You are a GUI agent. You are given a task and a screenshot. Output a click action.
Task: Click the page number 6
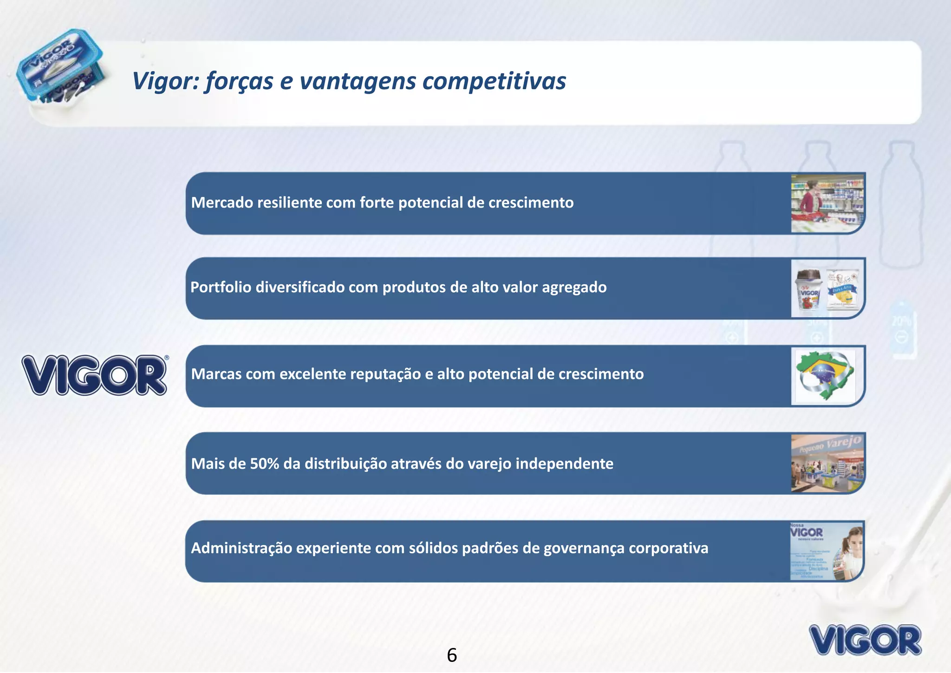pos(452,655)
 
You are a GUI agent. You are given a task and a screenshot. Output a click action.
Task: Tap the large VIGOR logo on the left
pos(95,375)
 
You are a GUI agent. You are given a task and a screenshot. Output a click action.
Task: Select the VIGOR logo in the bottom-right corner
pos(865,640)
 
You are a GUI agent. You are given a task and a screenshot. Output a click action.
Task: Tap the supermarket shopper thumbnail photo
pos(827,203)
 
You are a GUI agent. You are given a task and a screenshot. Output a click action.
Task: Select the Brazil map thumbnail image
pos(825,375)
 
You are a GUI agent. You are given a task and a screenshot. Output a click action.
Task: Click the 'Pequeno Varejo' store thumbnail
pos(827,463)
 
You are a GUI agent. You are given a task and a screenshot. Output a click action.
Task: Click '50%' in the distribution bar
pos(264,464)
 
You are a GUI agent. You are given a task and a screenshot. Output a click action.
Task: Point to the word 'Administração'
pos(241,549)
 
